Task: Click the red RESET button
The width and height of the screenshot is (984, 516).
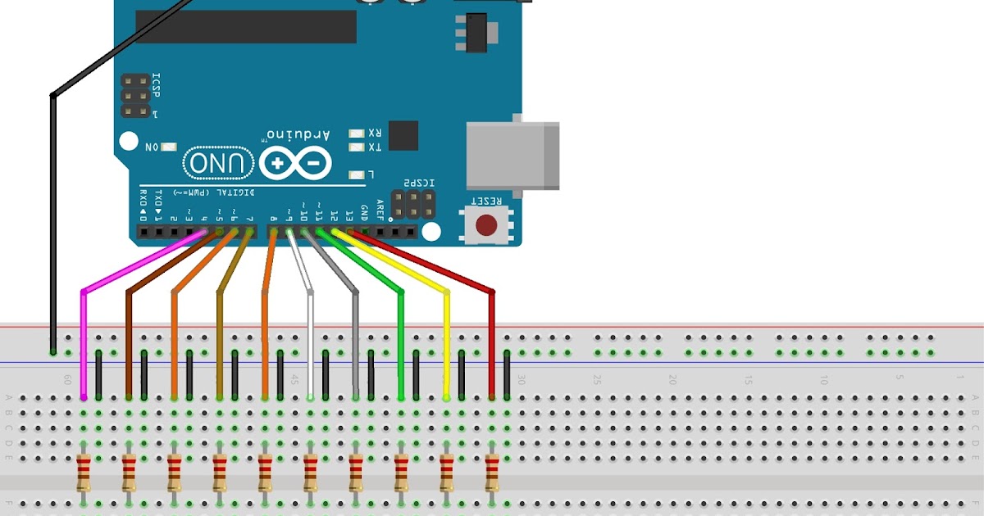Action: pos(489,224)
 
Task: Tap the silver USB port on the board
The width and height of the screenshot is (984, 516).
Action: pos(512,156)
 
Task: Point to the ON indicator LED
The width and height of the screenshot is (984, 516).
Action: pos(168,147)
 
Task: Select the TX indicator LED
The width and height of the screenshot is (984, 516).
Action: pos(356,147)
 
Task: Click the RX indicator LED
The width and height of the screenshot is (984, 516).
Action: pos(356,133)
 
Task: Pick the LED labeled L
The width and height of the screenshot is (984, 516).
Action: pos(356,174)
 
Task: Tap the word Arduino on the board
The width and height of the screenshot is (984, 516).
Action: pos(298,134)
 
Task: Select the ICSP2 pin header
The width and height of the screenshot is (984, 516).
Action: pos(412,205)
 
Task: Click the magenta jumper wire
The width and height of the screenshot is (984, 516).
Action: pos(84,344)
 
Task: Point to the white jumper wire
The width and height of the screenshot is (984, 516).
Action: pos(310,344)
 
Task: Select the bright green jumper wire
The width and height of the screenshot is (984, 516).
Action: pos(401,344)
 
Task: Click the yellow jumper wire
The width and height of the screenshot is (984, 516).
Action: pos(447,344)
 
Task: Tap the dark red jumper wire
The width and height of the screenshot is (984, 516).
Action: pos(492,344)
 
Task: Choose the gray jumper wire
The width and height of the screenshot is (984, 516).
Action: pos(355,344)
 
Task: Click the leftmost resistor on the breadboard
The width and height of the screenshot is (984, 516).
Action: pos(84,473)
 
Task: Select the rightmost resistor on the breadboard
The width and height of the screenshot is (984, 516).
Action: pos(492,473)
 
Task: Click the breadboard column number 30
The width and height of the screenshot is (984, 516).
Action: pos(520,381)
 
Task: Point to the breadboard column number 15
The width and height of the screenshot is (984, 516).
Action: pos(748,381)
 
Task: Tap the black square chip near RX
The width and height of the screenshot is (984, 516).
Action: pos(403,135)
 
